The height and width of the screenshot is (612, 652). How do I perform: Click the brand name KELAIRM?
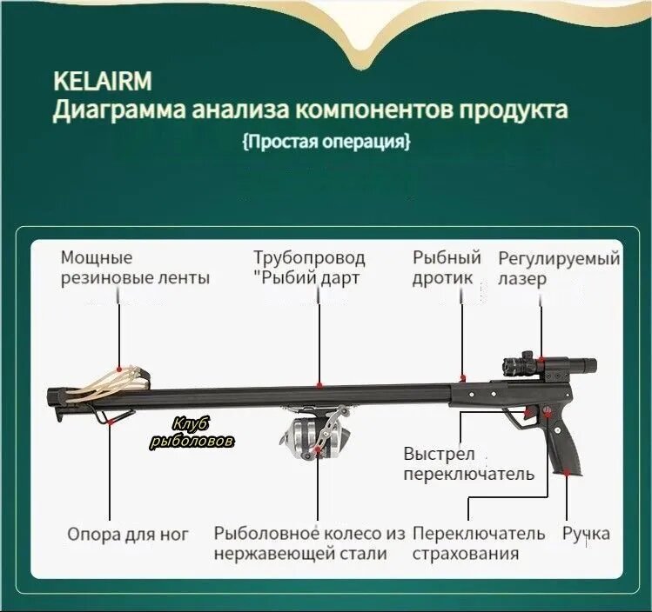[x=102, y=82]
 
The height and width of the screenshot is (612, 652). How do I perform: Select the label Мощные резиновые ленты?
[x=135, y=268]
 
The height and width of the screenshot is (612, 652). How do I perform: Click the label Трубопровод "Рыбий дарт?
[x=309, y=268]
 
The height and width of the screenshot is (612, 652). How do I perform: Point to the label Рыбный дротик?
[x=447, y=268]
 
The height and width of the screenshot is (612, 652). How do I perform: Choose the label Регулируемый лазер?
[x=559, y=268]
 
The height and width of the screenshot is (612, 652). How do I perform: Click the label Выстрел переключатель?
[x=467, y=463]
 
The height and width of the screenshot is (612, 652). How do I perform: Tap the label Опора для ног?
[x=127, y=534]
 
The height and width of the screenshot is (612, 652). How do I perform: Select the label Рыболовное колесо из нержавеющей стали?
[x=310, y=543]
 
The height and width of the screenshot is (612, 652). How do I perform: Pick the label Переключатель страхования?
[x=479, y=543]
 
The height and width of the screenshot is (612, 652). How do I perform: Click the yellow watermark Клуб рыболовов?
[x=192, y=432]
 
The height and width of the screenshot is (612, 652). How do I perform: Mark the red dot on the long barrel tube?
[x=320, y=383]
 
